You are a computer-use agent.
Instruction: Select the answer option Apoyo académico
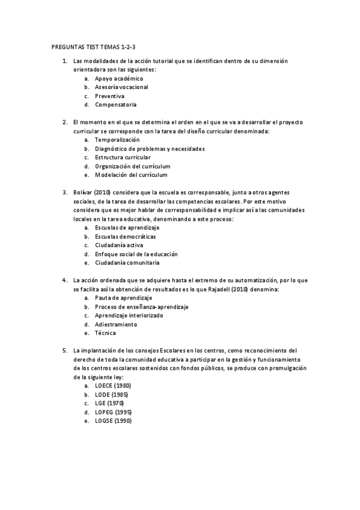(119, 78)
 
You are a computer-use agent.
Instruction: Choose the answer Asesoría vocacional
(121, 87)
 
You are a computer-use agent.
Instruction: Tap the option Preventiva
(110, 96)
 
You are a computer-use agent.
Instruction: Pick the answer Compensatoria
(115, 105)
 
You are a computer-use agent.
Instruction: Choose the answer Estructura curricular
(123, 157)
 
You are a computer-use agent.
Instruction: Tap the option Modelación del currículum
(131, 174)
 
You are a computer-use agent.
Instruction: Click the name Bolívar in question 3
(82, 192)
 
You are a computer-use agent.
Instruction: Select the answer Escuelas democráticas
(125, 236)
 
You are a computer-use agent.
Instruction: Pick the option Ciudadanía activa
(119, 245)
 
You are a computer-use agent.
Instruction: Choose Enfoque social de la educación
(135, 254)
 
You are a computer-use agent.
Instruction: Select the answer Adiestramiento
(116, 324)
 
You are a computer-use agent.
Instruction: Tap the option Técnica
(106, 333)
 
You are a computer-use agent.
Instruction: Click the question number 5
(65, 350)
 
